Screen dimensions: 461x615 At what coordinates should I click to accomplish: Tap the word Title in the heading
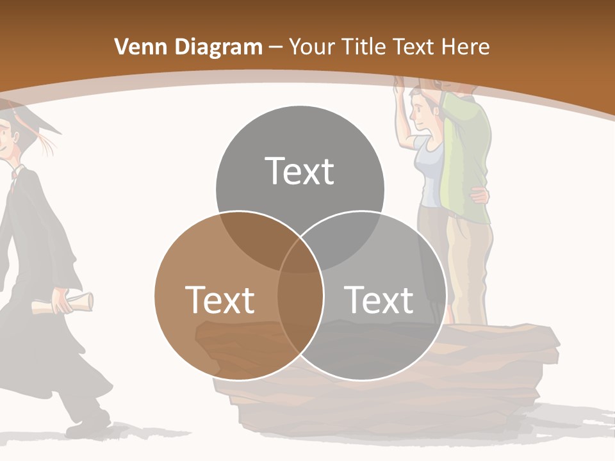coord(365,47)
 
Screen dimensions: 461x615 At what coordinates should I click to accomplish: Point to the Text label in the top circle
coord(300,171)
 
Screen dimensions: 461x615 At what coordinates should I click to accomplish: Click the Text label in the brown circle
coord(220,299)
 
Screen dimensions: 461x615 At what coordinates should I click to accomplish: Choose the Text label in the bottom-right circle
coord(379,299)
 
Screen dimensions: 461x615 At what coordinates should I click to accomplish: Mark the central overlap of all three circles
coord(300,256)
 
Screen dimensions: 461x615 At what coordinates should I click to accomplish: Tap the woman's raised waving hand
coord(398,83)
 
